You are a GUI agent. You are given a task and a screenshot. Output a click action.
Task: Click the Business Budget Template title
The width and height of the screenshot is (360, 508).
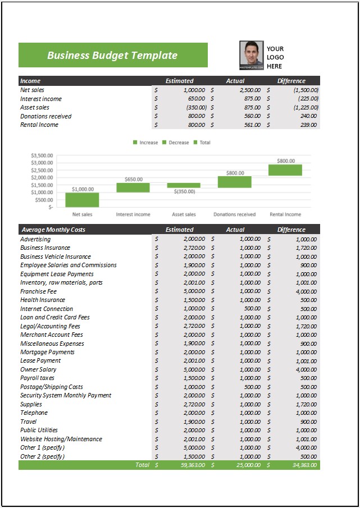click(x=112, y=55)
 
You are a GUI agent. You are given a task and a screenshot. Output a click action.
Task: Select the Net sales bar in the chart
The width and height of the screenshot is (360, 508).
click(x=83, y=200)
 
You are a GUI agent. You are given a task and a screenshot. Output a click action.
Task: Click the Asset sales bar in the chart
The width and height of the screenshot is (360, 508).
click(x=184, y=185)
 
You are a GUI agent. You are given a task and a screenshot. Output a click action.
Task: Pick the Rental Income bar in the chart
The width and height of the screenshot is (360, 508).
click(x=285, y=170)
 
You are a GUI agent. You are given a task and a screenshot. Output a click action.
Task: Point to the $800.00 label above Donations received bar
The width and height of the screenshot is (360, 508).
click(x=235, y=173)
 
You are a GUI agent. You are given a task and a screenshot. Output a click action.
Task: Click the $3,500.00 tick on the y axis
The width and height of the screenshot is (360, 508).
click(x=43, y=155)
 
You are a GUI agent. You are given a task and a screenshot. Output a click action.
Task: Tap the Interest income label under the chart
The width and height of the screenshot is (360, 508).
click(x=133, y=214)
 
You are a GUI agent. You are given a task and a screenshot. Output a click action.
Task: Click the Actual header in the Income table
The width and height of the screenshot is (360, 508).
click(x=235, y=81)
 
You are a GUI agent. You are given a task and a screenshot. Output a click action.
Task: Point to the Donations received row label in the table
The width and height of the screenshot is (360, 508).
click(x=46, y=116)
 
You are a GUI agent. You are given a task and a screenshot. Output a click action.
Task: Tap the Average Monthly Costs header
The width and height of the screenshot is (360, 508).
click(x=53, y=230)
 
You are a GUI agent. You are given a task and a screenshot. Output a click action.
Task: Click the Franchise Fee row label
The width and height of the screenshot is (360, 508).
click(x=39, y=291)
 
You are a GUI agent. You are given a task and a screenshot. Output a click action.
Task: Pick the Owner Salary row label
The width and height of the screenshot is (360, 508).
click(x=39, y=369)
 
